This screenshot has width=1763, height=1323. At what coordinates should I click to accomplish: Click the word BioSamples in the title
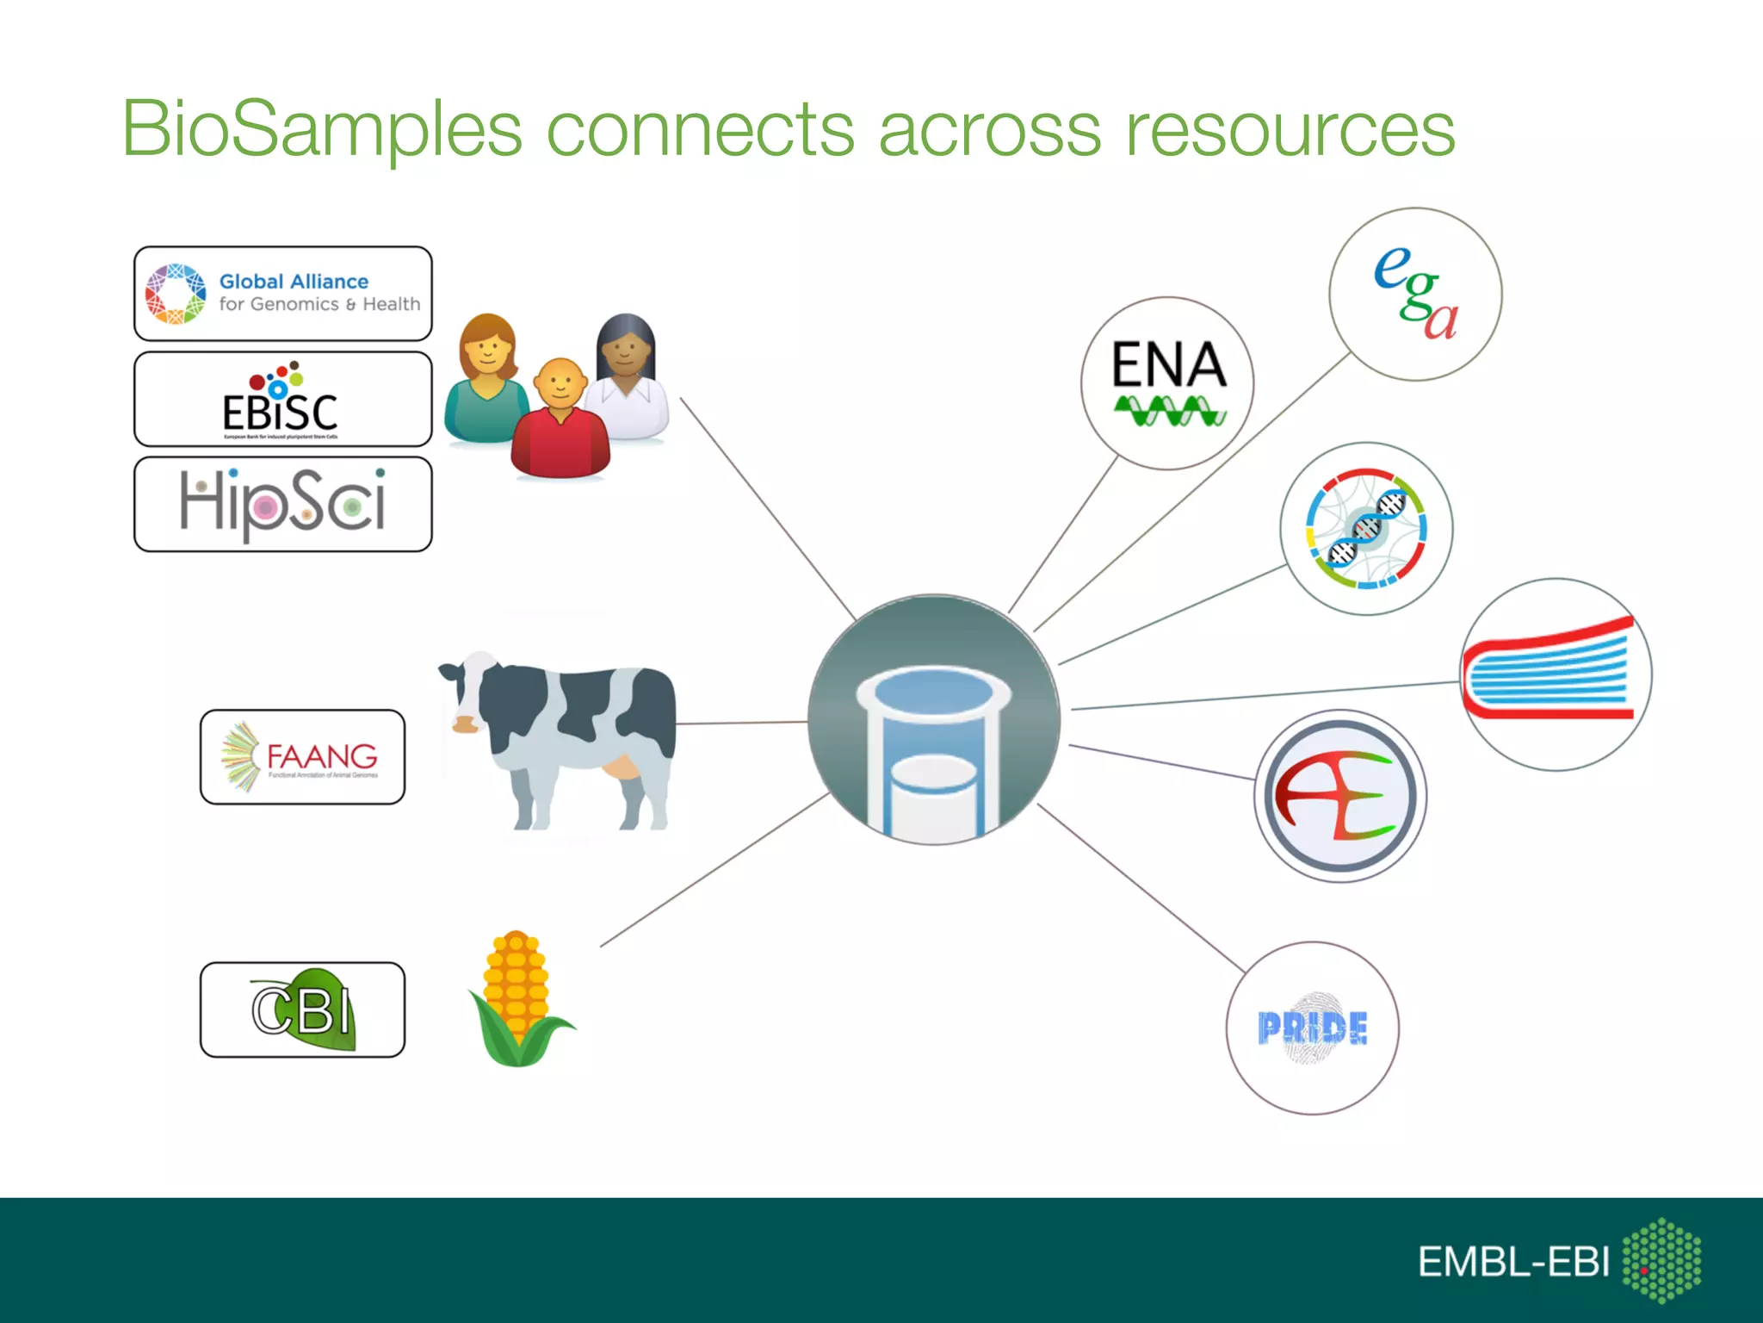pos(321,129)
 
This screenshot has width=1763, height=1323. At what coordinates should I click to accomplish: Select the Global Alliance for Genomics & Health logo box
pos(282,294)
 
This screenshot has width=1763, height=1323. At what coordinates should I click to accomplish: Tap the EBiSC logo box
pos(282,399)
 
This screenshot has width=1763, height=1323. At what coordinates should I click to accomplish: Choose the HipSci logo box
pos(282,505)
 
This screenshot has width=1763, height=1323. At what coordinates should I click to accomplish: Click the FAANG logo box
pos(302,757)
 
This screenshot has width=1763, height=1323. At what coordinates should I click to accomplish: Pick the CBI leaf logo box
pos(302,1009)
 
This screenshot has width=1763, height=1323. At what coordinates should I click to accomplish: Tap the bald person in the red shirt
pos(560,422)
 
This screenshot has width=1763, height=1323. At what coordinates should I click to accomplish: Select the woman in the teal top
pos(486,379)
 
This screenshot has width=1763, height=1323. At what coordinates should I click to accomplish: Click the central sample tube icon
pos(934,720)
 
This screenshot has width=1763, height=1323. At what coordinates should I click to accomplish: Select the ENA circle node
pos(1167,383)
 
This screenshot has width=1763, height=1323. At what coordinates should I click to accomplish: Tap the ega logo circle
pos(1415,294)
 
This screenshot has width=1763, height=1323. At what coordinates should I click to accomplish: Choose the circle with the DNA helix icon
pos(1366,528)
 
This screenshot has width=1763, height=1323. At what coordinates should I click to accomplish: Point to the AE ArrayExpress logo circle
pos(1339,796)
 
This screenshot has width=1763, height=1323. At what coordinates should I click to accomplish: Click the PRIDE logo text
pos(1312,1028)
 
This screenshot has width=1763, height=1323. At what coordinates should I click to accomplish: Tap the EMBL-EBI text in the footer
pos(1512,1262)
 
